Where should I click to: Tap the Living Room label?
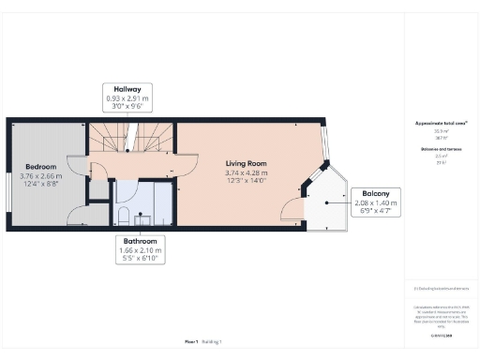[247, 163]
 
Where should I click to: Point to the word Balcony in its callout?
[378, 194]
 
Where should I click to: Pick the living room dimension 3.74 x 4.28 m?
[247, 172]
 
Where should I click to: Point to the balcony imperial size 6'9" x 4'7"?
[378, 211]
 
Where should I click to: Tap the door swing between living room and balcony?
[293, 214]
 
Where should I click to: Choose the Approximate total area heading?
[440, 124]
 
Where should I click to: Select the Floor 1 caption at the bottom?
[191, 342]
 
